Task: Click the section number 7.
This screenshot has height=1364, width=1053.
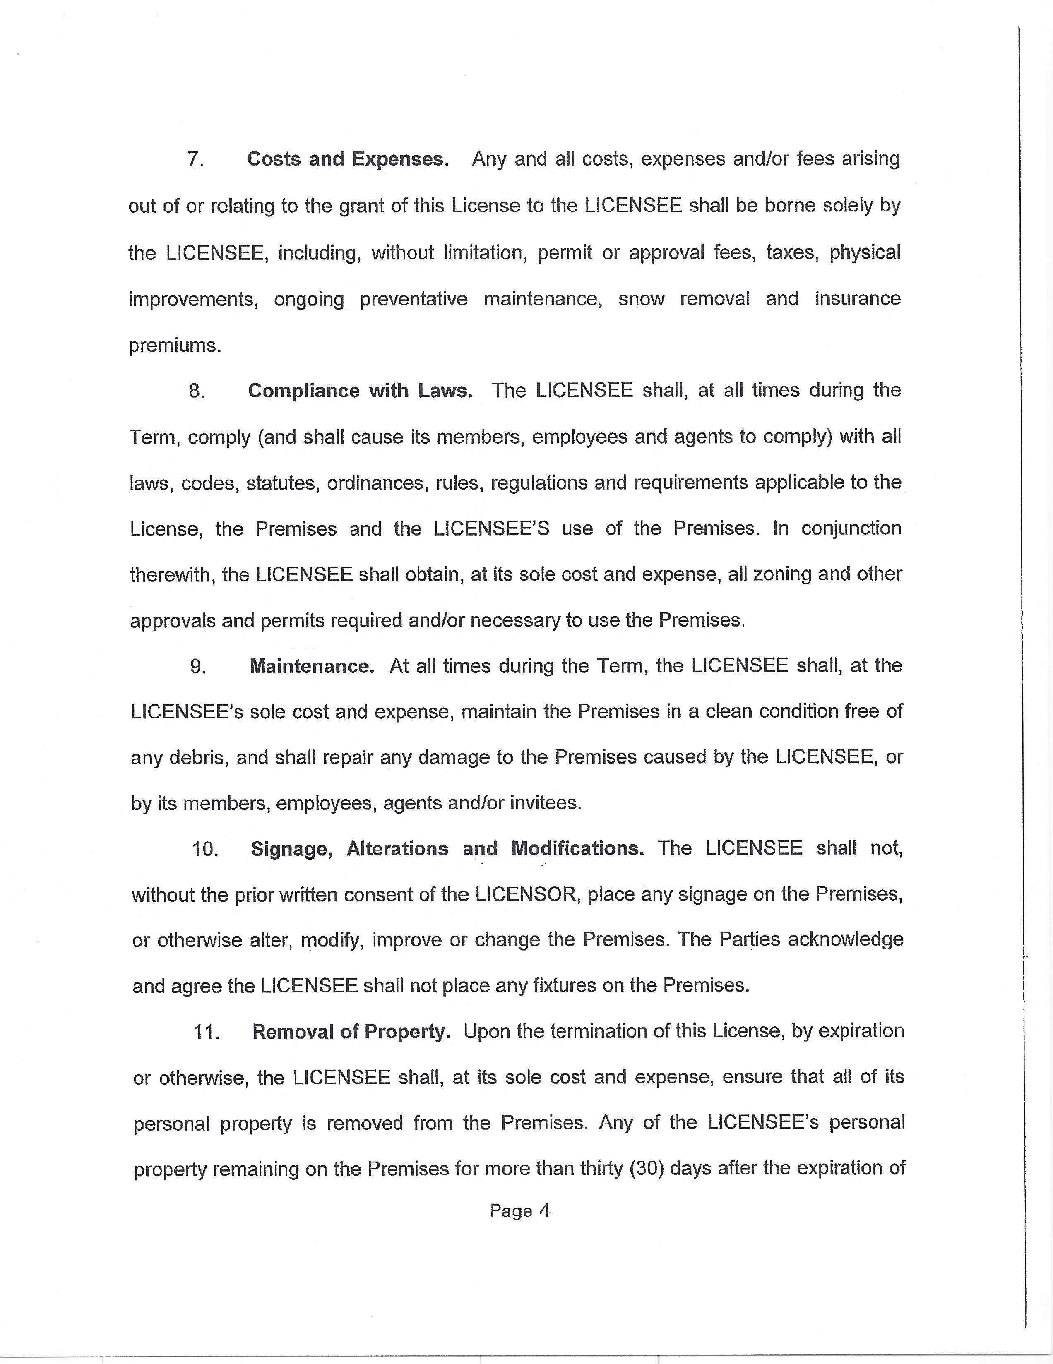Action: click(195, 160)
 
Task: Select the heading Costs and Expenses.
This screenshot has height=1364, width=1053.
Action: click(348, 159)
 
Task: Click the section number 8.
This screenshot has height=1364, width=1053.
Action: click(197, 391)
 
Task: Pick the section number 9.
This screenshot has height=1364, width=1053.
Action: click(198, 666)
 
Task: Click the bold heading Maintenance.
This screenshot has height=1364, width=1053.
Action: click(312, 666)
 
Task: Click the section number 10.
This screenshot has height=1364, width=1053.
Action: click(205, 849)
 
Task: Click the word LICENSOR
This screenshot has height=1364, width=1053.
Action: click(524, 894)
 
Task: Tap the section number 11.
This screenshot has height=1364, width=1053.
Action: click(206, 1032)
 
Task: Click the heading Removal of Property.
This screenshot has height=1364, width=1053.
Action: click(351, 1032)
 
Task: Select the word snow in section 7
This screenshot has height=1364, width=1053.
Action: click(642, 299)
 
